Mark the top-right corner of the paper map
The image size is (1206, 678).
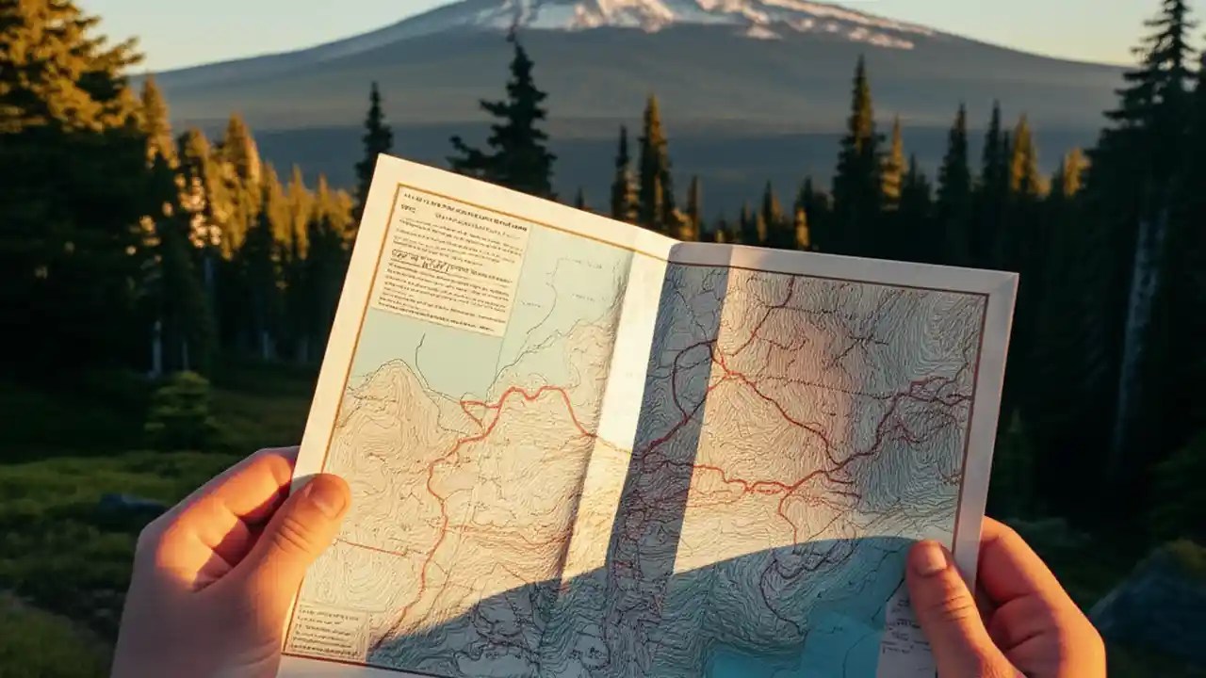coord(1015,276)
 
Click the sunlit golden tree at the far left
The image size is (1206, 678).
coord(57,66)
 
